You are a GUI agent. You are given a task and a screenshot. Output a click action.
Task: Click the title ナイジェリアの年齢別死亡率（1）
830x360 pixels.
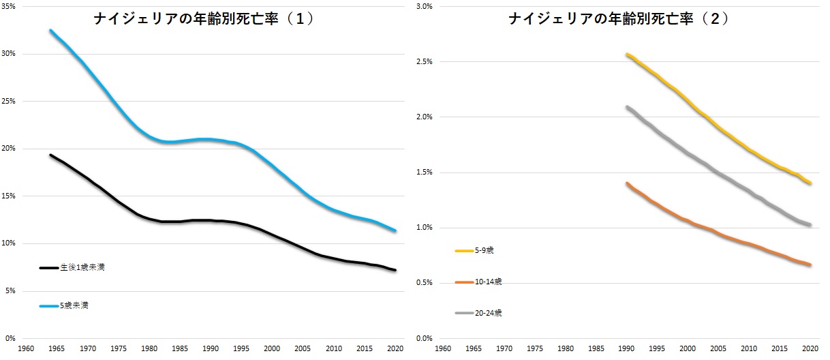[204, 19]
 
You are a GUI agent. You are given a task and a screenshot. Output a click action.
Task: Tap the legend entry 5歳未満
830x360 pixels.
[74, 306]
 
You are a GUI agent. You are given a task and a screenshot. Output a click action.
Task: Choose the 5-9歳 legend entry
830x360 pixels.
[484, 251]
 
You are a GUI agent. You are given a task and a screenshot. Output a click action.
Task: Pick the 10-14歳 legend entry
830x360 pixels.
[488, 282]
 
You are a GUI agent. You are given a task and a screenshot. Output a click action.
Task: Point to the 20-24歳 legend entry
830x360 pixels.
[488, 313]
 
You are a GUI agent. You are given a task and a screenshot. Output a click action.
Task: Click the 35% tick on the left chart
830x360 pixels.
[12, 7]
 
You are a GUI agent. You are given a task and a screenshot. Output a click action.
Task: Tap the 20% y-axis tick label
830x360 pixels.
[12, 149]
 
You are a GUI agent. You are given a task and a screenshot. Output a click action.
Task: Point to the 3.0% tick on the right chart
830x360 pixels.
[425, 7]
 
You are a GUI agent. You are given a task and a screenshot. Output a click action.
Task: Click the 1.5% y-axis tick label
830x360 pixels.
[425, 172]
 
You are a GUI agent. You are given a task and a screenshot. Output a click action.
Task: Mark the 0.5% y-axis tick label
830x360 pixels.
[425, 283]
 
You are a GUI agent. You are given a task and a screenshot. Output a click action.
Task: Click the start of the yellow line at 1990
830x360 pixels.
[627, 55]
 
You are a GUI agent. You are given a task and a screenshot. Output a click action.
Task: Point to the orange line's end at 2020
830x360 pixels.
[810, 265]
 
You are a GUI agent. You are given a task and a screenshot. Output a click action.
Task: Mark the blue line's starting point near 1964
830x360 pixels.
[50, 31]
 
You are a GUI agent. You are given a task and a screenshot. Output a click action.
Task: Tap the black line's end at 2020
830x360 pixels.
[395, 271]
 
